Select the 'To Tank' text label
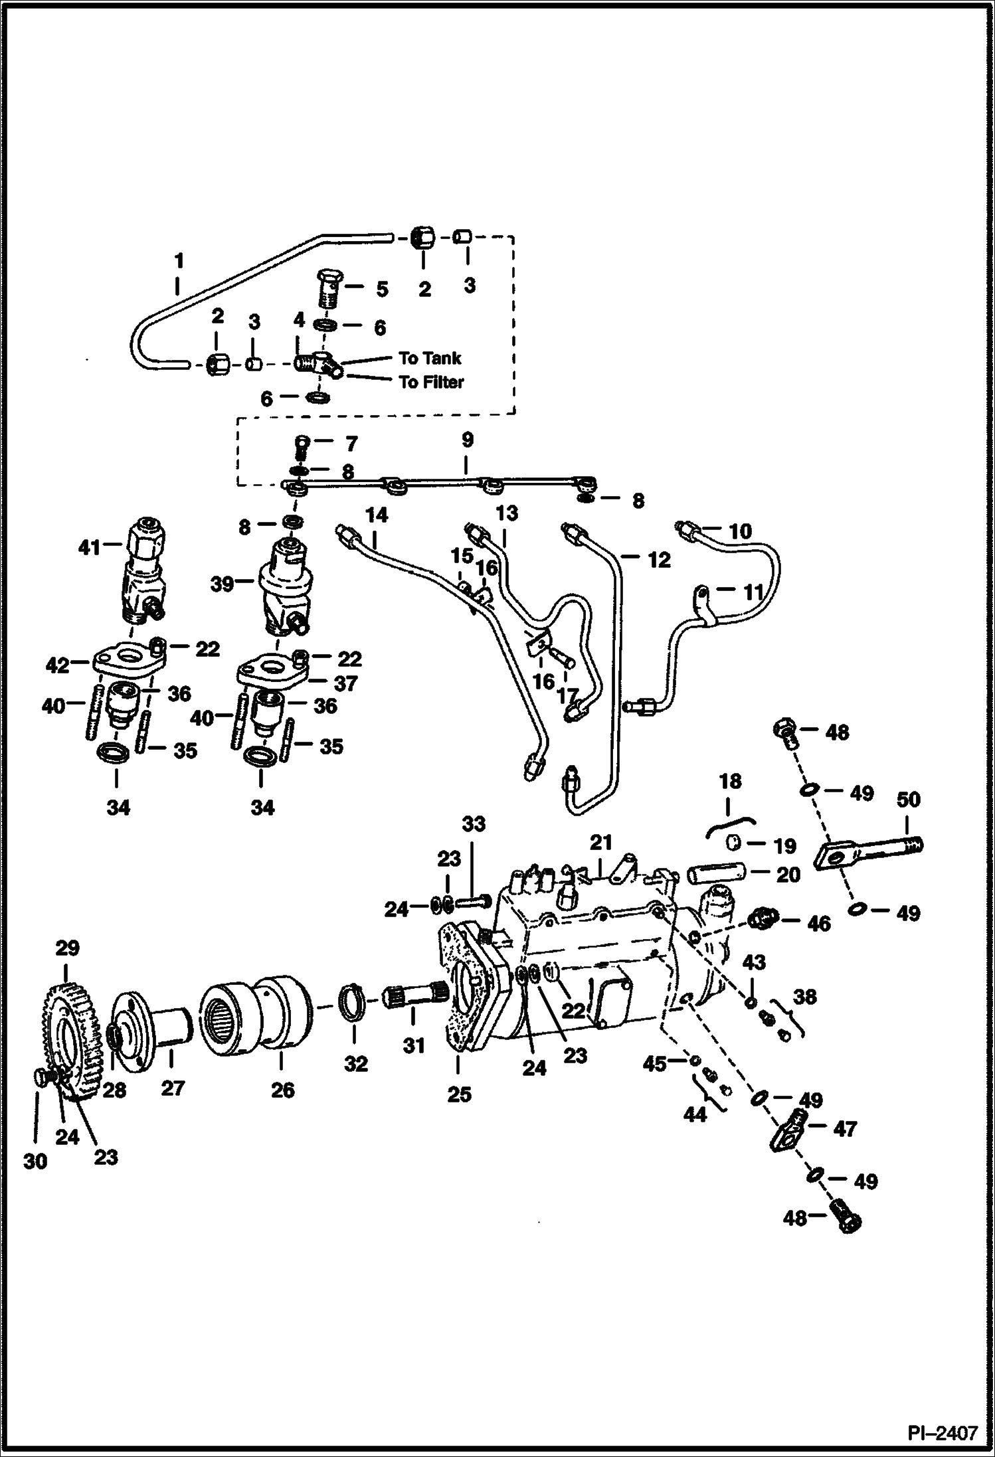pos(430,358)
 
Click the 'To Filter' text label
pos(431,382)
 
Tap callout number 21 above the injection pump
pos(600,843)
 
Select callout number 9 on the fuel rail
pos(467,440)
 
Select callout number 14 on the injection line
pos(376,515)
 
